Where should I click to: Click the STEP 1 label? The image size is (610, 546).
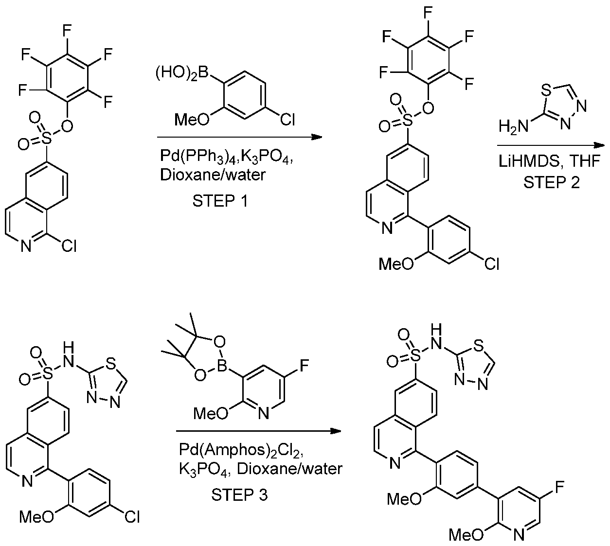click(220, 201)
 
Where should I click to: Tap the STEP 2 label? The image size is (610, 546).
click(551, 182)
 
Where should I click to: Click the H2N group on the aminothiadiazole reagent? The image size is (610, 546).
click(513, 125)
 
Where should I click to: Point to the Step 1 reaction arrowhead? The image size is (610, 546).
click(317, 137)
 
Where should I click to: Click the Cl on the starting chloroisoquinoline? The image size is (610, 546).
click(69, 246)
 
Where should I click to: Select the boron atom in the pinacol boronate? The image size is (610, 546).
click(222, 366)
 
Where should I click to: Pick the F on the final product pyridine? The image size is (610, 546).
click(559, 487)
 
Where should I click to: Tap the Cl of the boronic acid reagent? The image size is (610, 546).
click(287, 120)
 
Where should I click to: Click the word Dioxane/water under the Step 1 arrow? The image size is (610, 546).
click(213, 175)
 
